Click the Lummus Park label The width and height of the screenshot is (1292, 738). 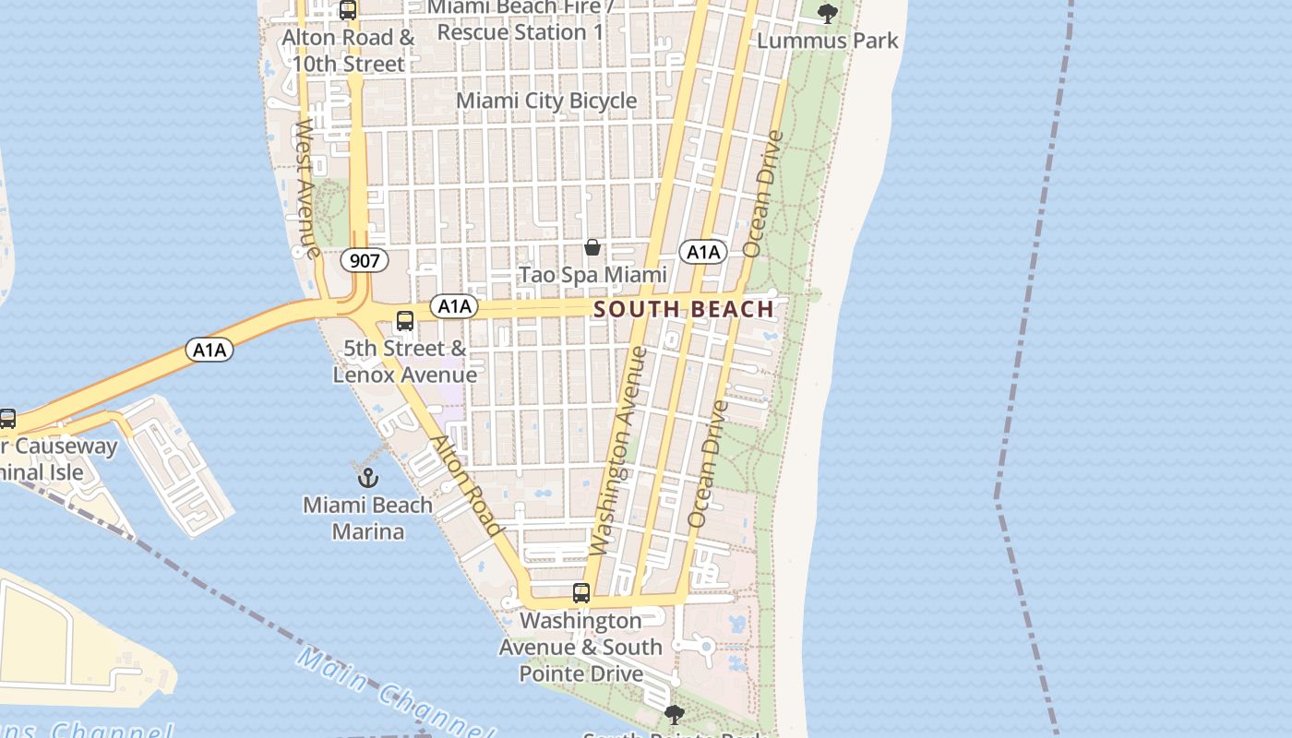[827, 41]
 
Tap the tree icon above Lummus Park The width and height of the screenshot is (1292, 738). [827, 14]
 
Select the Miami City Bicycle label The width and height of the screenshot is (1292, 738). [546, 101]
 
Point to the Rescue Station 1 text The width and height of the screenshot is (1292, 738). [520, 32]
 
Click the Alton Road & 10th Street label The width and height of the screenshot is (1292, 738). [348, 52]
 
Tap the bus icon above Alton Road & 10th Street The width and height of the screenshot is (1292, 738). [347, 10]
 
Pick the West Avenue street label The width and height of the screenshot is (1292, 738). [306, 188]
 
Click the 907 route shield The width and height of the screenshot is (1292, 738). [365, 261]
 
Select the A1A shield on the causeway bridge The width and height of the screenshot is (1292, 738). [209, 350]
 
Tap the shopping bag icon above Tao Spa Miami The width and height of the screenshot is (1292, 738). [592, 247]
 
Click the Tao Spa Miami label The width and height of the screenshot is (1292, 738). [592, 275]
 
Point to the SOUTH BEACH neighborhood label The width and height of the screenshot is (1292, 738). [684, 309]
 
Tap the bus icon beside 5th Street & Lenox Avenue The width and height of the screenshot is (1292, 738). [404, 321]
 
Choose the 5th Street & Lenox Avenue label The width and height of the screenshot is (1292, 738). [404, 362]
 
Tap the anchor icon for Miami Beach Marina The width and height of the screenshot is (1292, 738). [368, 478]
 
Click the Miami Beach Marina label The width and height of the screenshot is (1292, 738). [367, 518]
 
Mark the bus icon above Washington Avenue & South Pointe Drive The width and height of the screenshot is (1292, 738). [580, 593]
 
